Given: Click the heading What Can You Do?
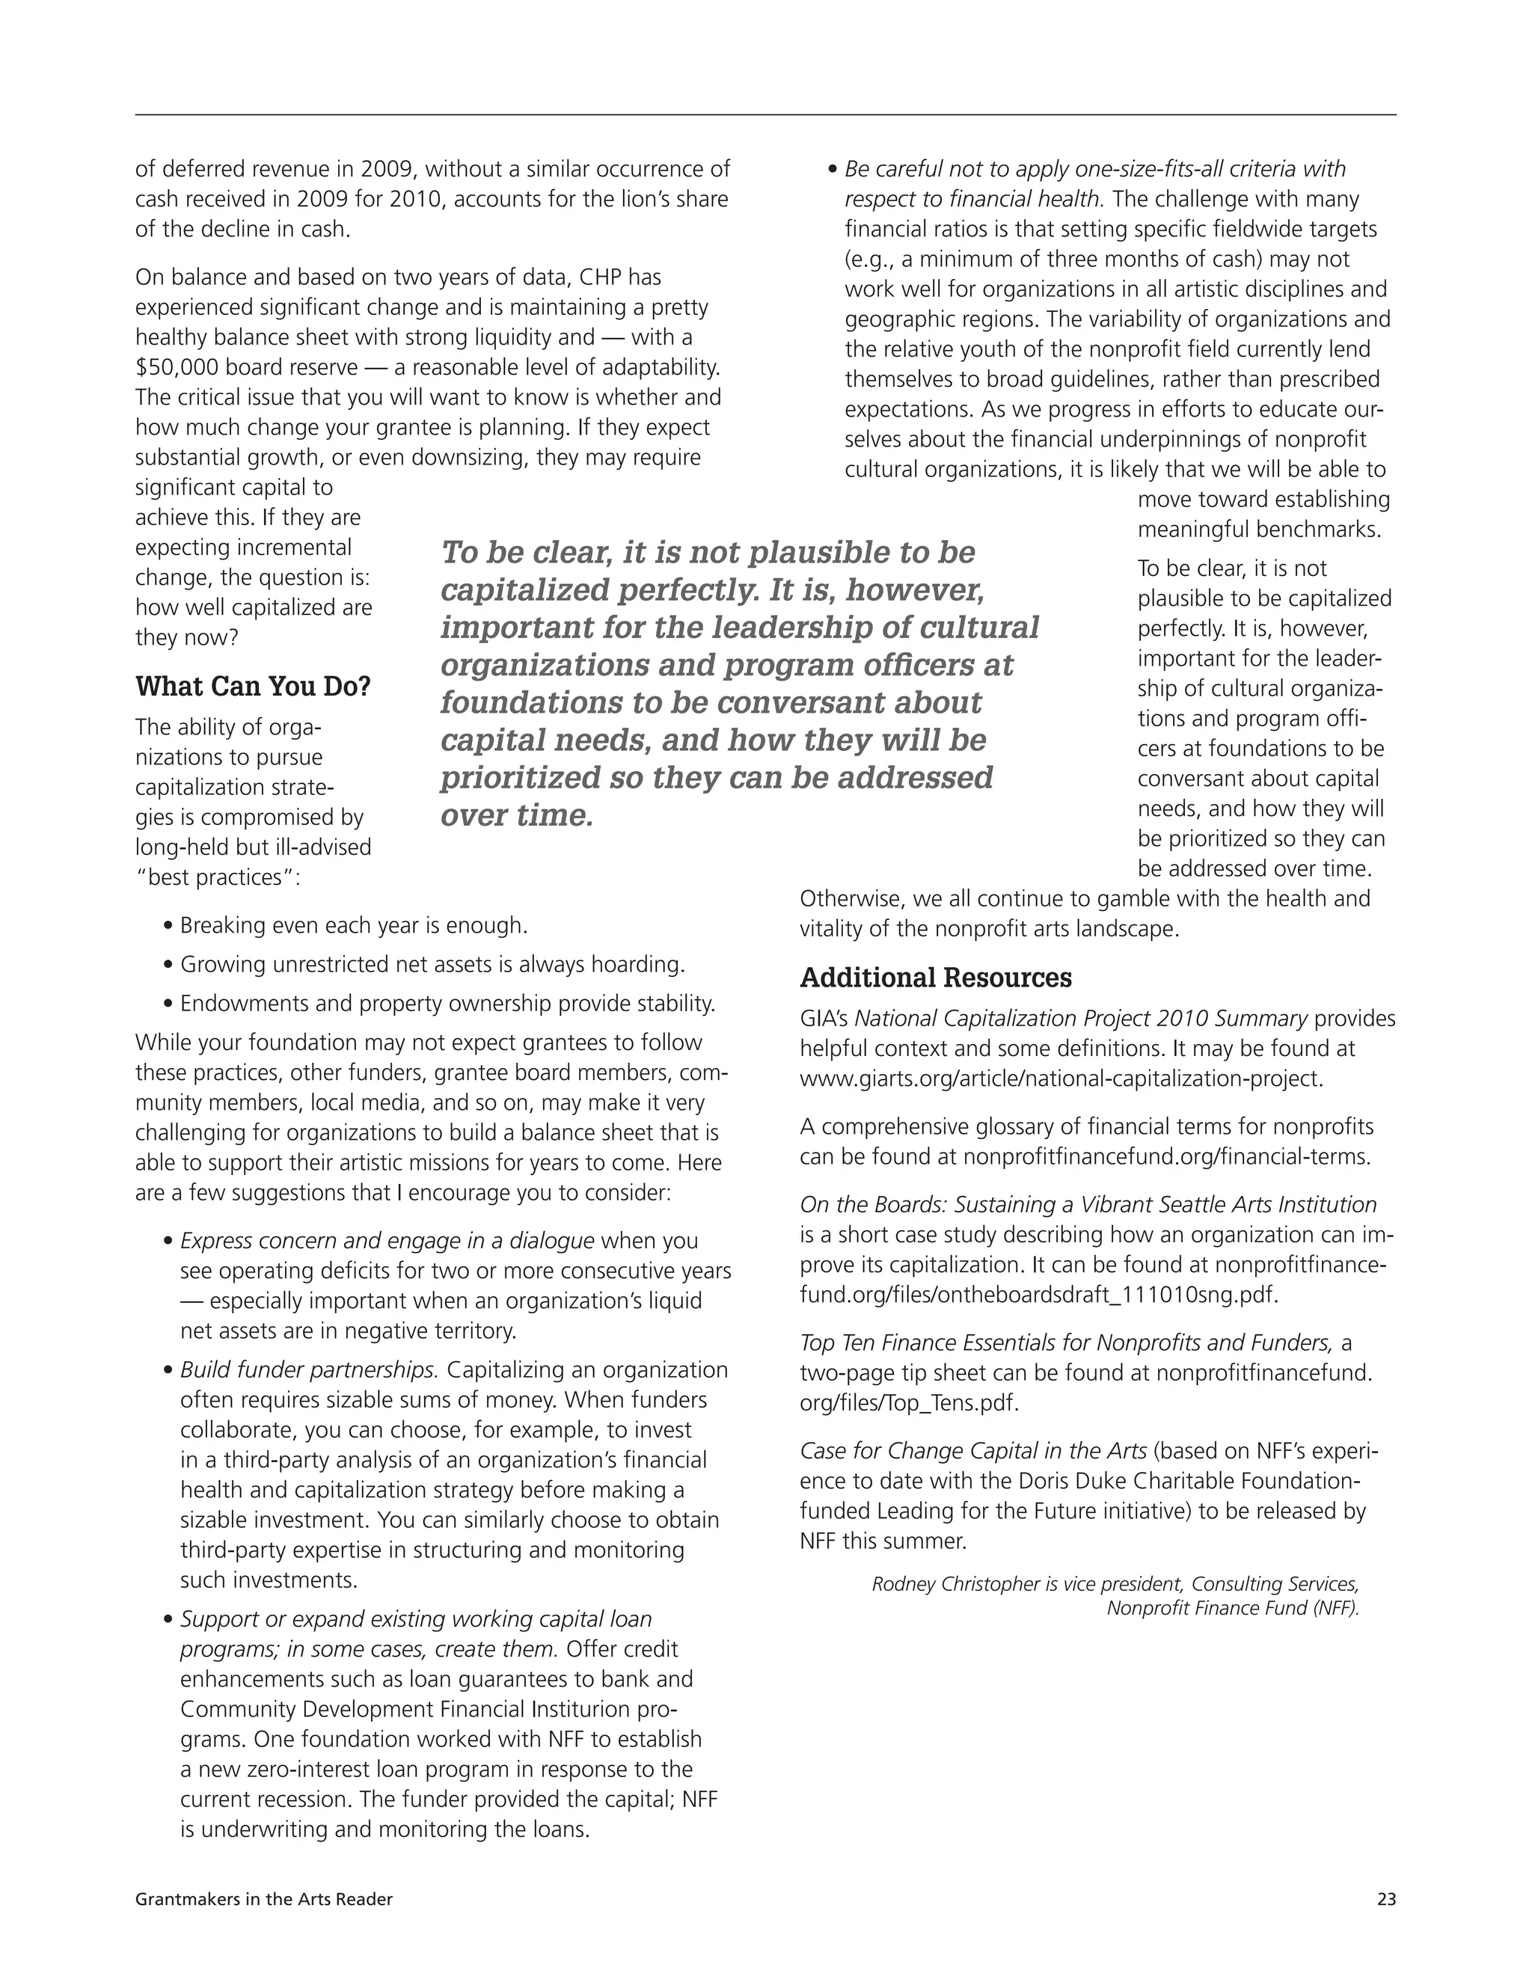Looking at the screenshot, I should (254, 686).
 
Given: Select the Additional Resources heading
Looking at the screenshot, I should (935, 978).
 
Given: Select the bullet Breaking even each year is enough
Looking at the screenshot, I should (353, 926).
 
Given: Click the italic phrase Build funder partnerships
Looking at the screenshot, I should (310, 1369).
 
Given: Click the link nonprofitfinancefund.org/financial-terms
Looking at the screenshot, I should (1166, 1156).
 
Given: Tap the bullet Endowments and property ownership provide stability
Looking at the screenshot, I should (447, 1004).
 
